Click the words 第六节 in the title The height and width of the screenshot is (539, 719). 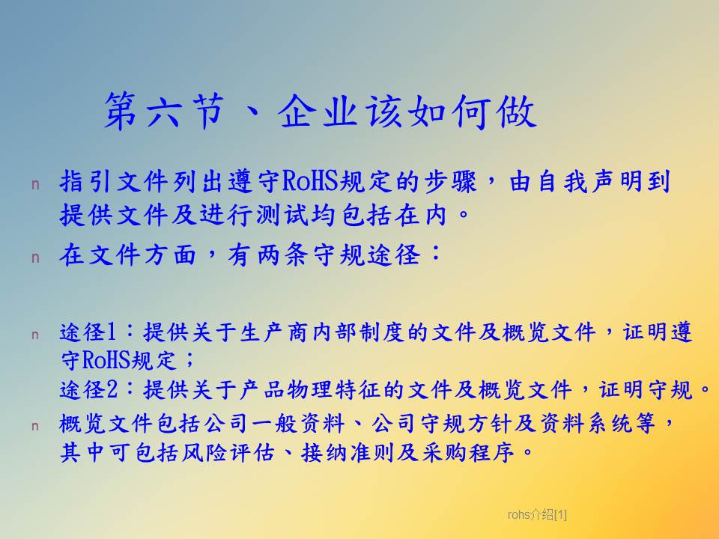[164, 111]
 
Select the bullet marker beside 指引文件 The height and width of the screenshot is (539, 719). [35, 184]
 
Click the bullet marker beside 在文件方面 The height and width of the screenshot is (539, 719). [35, 258]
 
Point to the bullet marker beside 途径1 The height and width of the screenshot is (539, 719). [35, 335]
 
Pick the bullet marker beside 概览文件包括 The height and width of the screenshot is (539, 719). [35, 426]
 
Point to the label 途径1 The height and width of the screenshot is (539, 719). [88, 332]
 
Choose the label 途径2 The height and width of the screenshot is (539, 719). [88, 390]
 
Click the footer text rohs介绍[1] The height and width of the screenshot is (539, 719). [537, 515]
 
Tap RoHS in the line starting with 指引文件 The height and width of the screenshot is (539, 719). [309, 181]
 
